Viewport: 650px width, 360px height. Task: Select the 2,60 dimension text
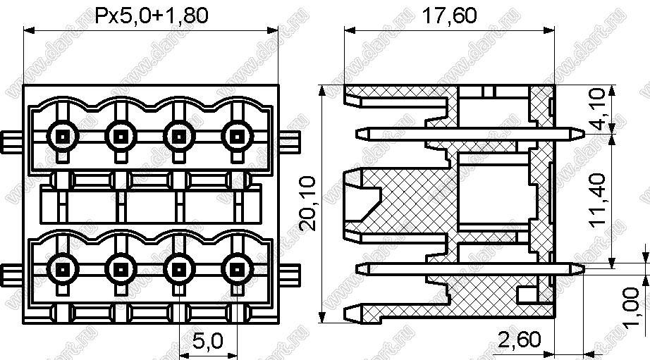pos(520,340)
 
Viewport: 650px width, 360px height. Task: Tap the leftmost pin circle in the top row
pos(63,136)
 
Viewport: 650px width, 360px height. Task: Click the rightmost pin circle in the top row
pos(237,136)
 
